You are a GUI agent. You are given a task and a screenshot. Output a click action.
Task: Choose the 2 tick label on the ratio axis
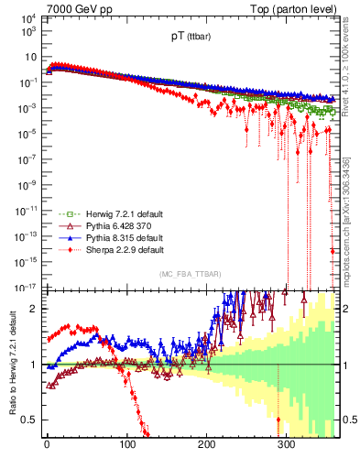(34, 309)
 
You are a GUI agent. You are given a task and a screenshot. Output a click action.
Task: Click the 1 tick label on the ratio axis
(34, 365)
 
